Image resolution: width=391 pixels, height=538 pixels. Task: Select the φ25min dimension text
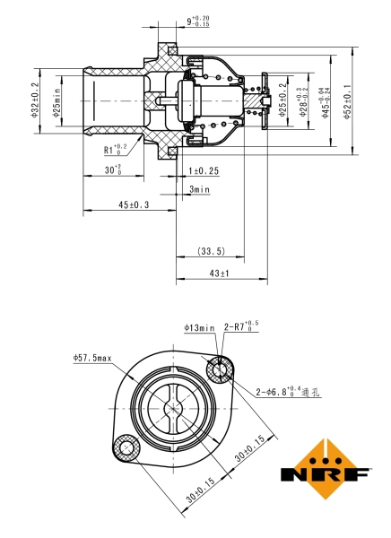[56, 99]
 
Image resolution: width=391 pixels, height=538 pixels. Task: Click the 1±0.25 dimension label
[204, 170]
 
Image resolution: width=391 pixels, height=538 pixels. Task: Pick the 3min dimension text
[199, 189]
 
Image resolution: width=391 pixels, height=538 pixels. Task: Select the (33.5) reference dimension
[211, 252]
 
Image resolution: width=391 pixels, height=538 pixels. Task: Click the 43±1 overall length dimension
[219, 273]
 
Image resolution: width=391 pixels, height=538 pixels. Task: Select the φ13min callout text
[200, 328]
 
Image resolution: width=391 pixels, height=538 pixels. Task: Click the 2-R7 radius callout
[240, 328]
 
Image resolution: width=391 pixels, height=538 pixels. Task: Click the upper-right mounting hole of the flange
[219, 369]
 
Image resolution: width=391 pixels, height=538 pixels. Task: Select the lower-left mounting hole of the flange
[125, 445]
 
